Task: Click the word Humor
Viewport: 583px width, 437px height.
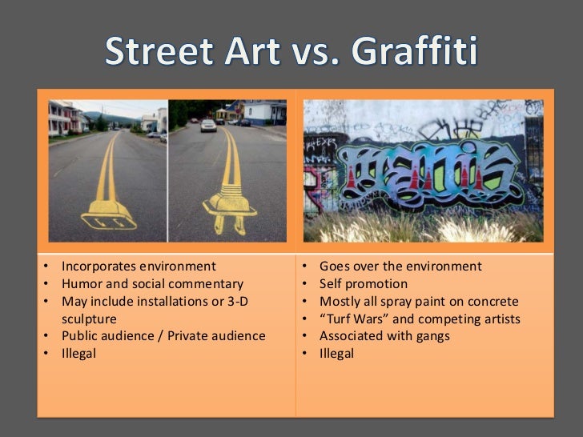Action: pos(81,284)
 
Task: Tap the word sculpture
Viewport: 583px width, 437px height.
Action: pos(89,319)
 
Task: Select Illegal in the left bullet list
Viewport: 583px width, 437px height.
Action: pos(78,354)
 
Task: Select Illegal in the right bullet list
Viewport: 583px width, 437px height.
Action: pos(336,354)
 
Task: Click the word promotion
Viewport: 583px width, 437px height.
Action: pos(377,284)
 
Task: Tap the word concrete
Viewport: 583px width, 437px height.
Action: pos(493,301)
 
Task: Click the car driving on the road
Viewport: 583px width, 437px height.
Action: pos(208,125)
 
